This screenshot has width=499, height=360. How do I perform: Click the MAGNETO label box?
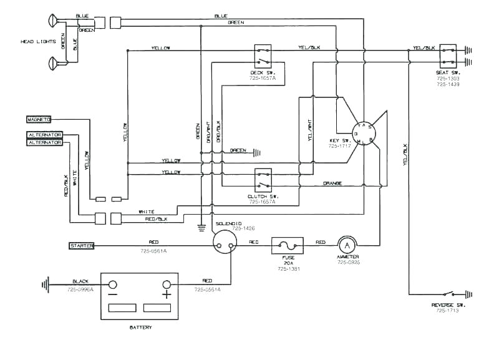pyautogui.click(x=39, y=119)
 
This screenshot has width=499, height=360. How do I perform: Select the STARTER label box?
pyautogui.click(x=81, y=246)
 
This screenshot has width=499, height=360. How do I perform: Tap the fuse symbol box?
pyautogui.click(x=288, y=246)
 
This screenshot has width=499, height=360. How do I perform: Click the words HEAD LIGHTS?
pyautogui.click(x=38, y=42)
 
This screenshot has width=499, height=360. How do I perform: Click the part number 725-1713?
pyautogui.click(x=447, y=310)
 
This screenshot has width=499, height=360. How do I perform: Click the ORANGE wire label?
pyautogui.click(x=332, y=183)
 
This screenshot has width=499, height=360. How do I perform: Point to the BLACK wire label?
pyautogui.click(x=80, y=281)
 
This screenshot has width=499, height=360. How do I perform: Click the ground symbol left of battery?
pyautogui.click(x=45, y=286)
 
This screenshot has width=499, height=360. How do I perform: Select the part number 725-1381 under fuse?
pyautogui.click(x=288, y=269)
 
